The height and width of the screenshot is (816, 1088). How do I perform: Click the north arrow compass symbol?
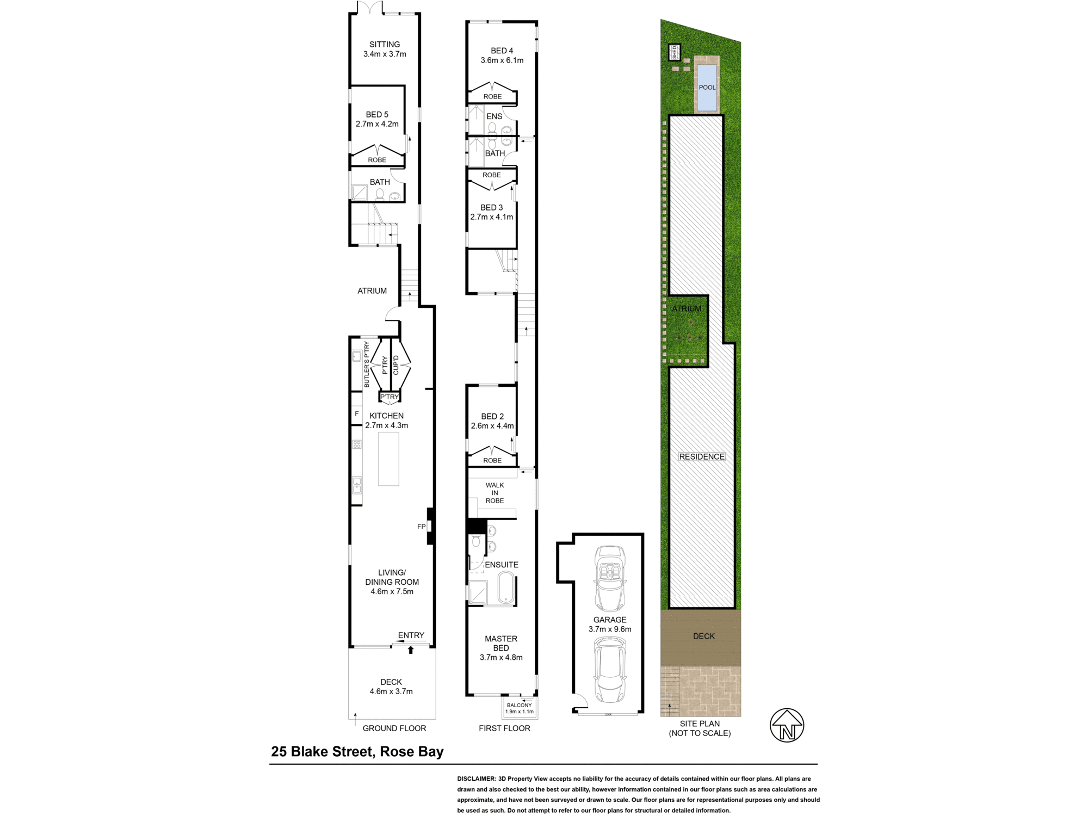[787, 725]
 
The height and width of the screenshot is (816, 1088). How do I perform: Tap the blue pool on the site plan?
[707, 87]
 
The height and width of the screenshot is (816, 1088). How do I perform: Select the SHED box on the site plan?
[674, 52]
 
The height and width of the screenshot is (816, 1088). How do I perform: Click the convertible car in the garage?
[610, 578]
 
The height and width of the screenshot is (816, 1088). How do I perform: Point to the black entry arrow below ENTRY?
[411, 650]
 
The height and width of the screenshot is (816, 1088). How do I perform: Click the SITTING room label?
[385, 45]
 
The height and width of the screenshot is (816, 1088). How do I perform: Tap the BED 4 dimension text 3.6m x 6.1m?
[502, 60]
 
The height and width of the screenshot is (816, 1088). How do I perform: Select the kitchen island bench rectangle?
[388, 459]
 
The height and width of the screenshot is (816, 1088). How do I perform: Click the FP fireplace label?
[421, 527]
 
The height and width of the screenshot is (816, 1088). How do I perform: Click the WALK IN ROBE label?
[494, 493]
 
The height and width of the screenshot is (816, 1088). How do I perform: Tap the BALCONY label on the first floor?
[520, 705]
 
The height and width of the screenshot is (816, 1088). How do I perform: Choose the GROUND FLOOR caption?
[394, 728]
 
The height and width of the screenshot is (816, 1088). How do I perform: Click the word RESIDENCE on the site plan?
[702, 457]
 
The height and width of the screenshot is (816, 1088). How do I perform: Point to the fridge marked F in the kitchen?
[356, 415]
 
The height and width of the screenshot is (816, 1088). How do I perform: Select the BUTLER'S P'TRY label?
[367, 364]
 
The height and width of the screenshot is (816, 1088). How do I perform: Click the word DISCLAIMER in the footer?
[477, 779]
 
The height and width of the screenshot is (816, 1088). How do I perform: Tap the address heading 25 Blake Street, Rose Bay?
[357, 752]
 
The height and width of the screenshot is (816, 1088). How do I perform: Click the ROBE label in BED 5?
[377, 160]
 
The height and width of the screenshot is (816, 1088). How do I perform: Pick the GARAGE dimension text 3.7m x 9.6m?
[610, 629]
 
